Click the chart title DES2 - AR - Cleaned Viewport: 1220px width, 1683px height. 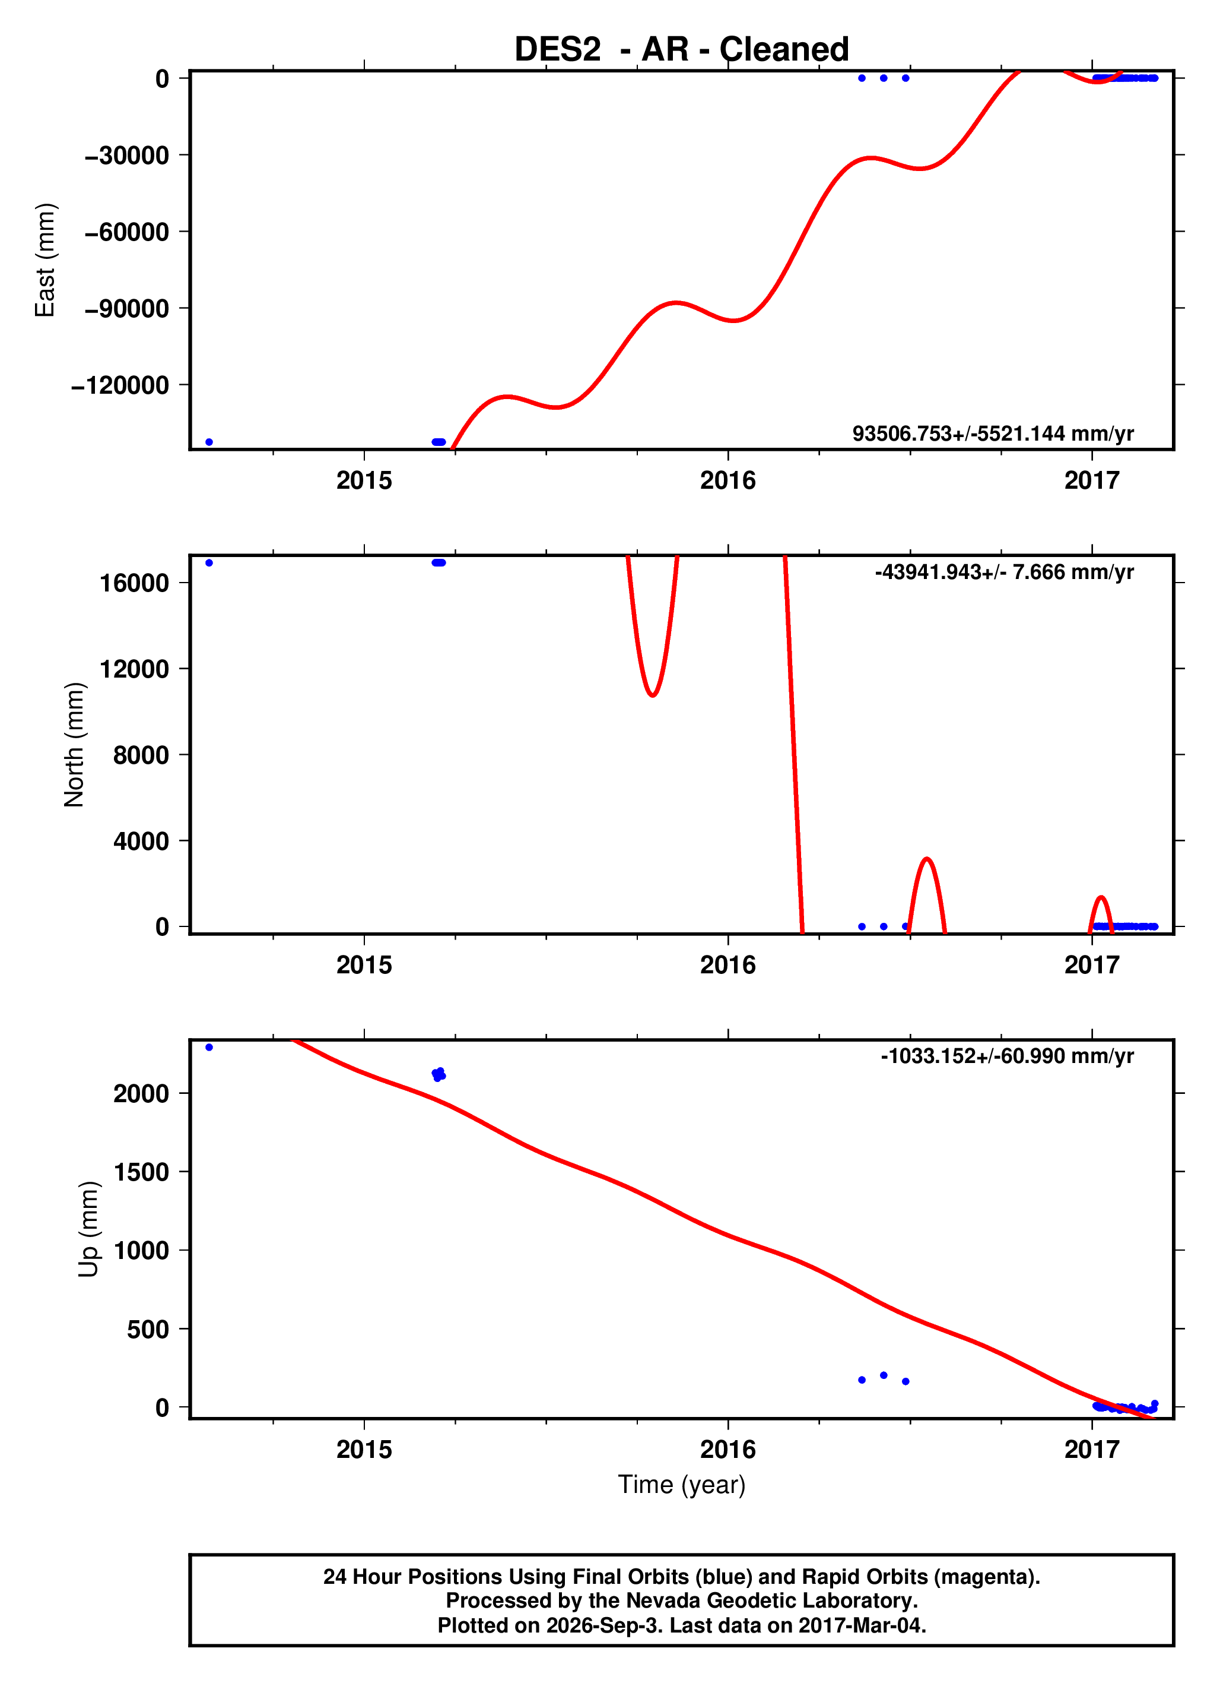tap(682, 49)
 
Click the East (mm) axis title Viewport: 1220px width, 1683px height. tap(45, 260)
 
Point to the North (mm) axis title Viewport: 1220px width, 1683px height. tap(74, 744)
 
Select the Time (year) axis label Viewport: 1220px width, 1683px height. tap(682, 1483)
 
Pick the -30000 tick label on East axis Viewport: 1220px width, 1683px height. tap(127, 155)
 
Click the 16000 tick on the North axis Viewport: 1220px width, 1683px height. tap(134, 583)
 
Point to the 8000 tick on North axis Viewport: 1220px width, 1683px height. tap(141, 755)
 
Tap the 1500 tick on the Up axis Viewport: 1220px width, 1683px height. tap(141, 1172)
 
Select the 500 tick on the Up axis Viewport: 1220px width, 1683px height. tap(148, 1329)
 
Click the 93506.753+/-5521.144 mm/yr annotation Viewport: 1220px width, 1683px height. tap(993, 434)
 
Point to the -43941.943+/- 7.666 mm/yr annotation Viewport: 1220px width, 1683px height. tap(1004, 572)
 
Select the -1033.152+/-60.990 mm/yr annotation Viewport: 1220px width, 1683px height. tap(1007, 1056)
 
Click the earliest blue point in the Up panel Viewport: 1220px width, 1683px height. tap(209, 1047)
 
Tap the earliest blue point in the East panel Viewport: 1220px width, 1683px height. tap(209, 442)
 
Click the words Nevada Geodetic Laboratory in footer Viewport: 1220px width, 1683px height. tap(771, 1600)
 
